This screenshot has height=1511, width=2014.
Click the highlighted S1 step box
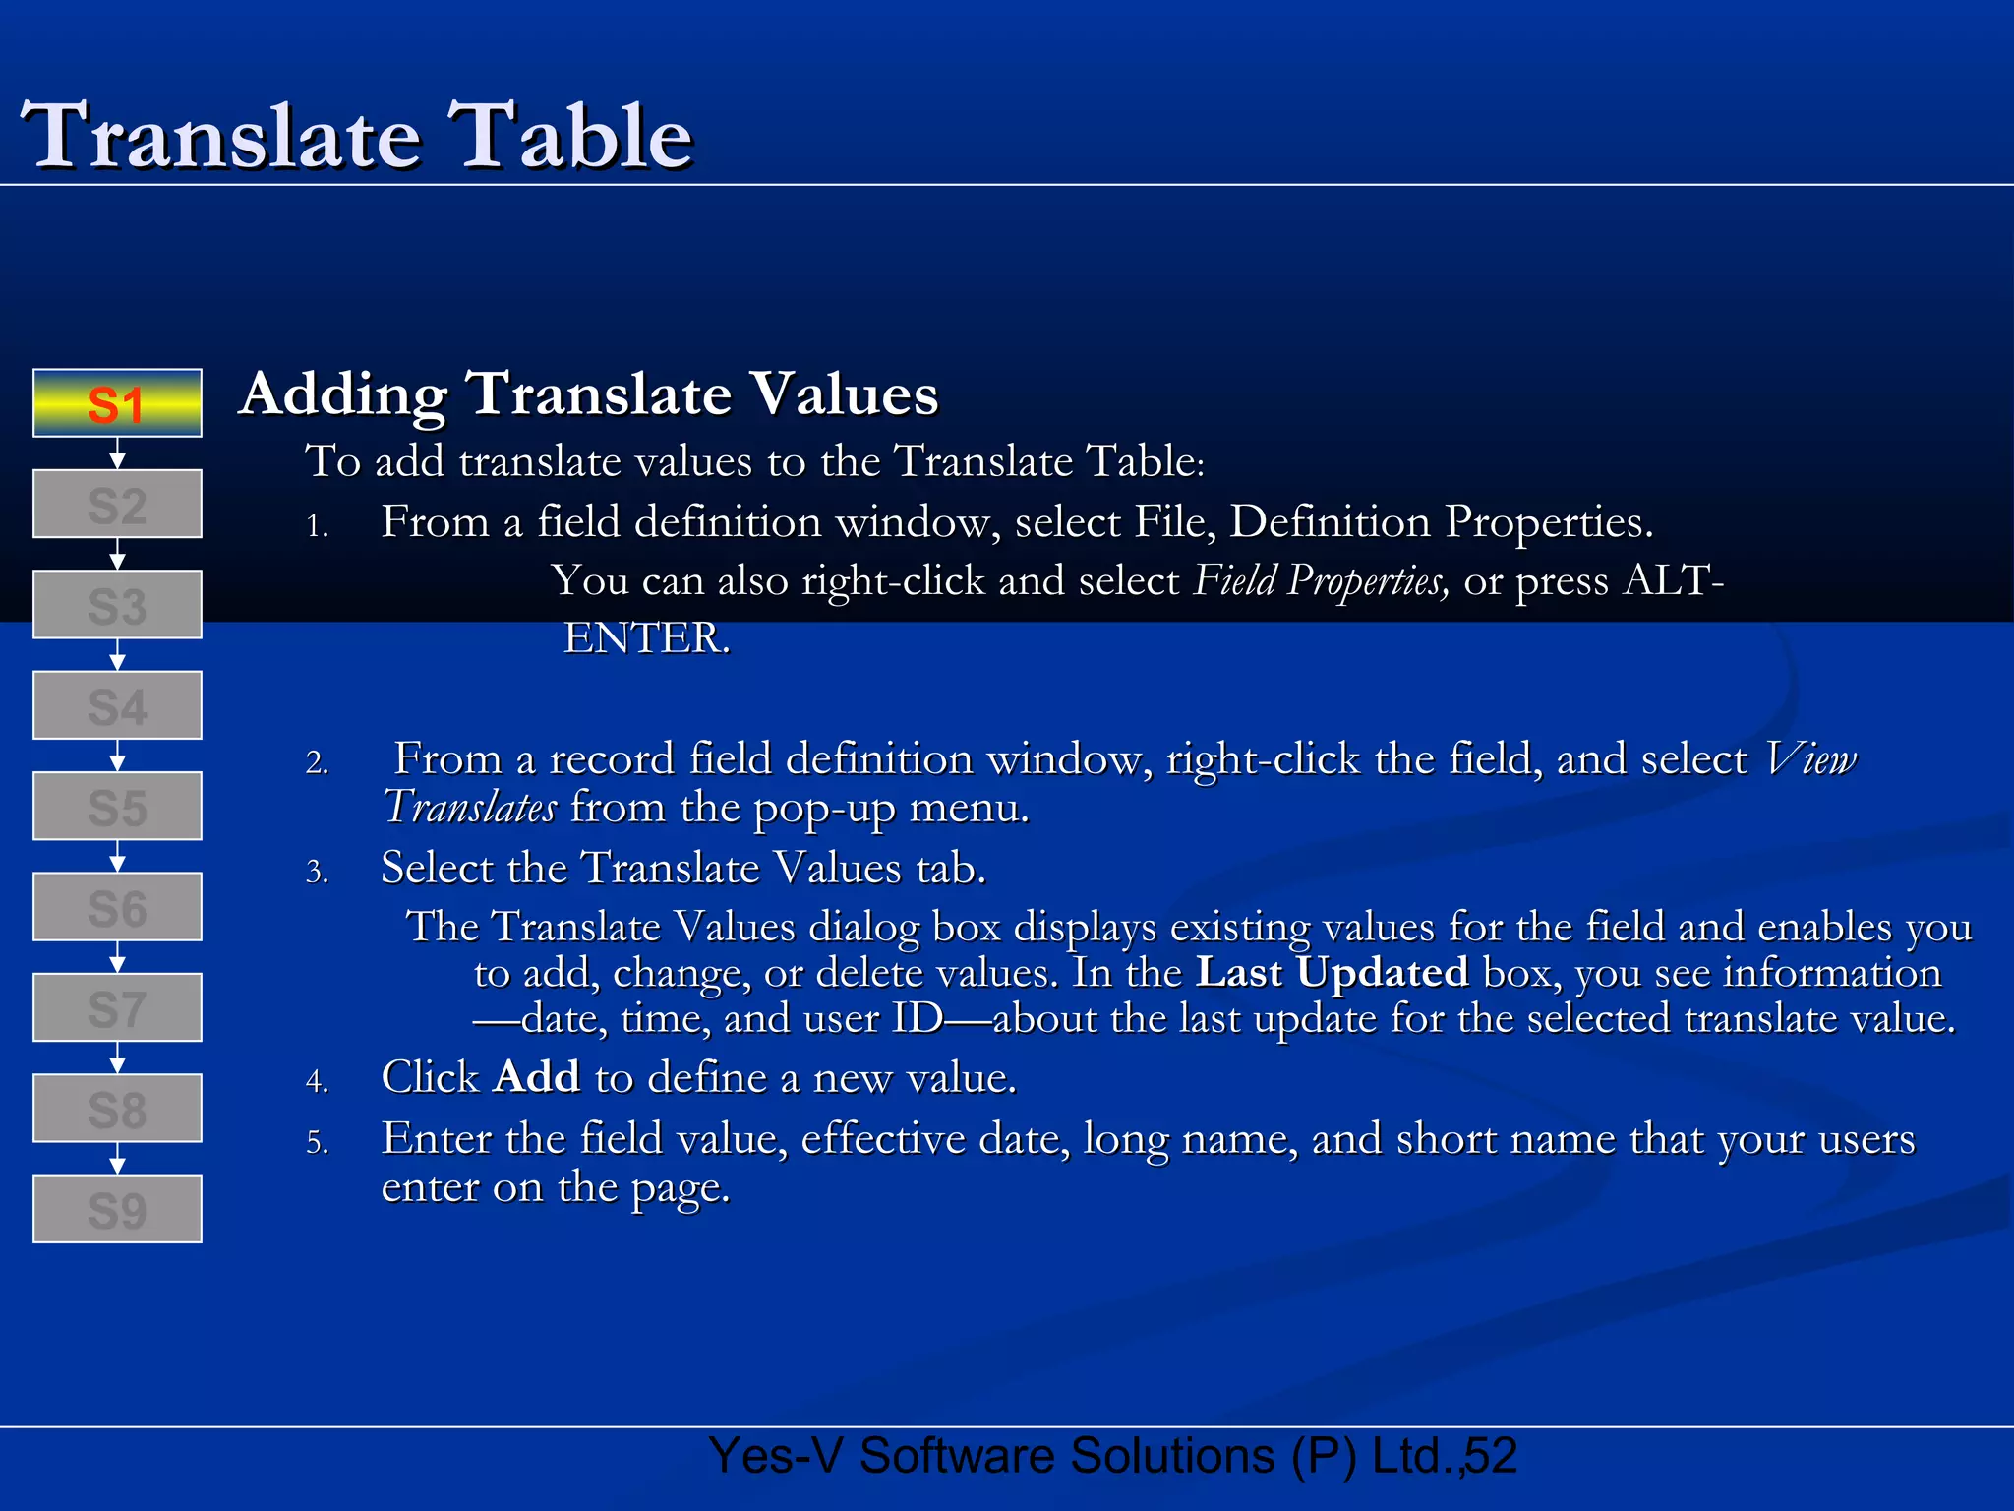click(x=117, y=403)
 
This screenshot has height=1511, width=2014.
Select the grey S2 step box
click(x=117, y=505)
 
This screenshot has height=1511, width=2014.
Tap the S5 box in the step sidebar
click(x=117, y=807)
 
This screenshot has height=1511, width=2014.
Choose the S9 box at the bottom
click(x=117, y=1209)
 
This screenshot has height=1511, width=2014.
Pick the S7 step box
click(x=117, y=1008)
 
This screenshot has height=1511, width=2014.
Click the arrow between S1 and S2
click(x=117, y=454)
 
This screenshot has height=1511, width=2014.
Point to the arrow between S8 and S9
click(x=117, y=1159)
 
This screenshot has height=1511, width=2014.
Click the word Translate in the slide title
click(x=221, y=137)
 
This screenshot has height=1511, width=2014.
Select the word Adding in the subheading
click(x=343, y=395)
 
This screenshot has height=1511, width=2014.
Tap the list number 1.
click(x=316, y=527)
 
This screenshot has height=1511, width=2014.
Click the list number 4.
click(x=316, y=1082)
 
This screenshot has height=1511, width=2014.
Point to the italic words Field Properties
click(x=1321, y=581)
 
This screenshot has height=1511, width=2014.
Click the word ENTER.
click(x=646, y=638)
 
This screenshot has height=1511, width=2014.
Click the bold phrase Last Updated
click(x=1332, y=973)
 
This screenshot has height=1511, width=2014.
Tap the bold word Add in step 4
click(x=536, y=1077)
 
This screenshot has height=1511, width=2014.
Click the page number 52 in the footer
click(x=1491, y=1456)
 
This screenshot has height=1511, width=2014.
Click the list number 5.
click(x=316, y=1143)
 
